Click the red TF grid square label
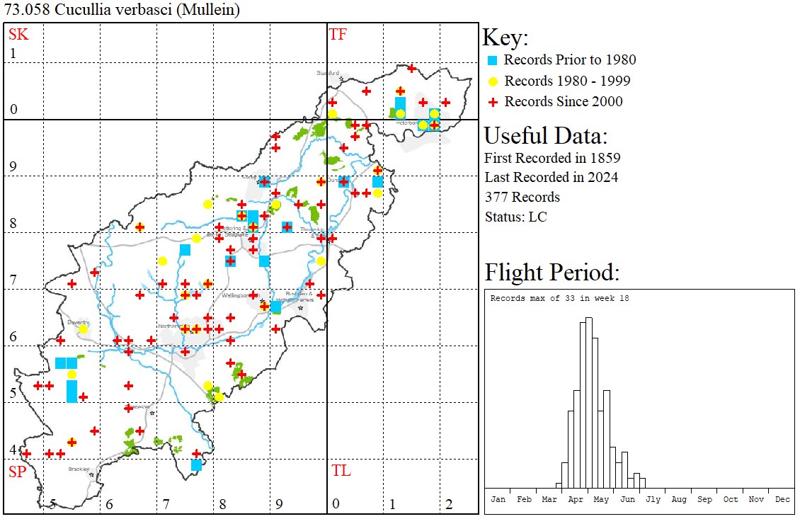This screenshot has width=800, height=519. point(338,34)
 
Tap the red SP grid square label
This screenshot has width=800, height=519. point(17,472)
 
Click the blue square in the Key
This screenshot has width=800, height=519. point(493,60)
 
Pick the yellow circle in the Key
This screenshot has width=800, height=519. point(493,81)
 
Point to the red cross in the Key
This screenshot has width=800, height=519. point(493,102)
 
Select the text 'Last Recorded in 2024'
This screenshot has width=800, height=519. point(551,177)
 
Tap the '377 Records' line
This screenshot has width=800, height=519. point(522,197)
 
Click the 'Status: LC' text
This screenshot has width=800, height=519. point(515,217)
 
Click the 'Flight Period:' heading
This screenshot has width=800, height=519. point(552,273)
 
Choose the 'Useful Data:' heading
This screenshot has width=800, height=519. point(545,135)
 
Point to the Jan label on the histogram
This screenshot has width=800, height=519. point(498,499)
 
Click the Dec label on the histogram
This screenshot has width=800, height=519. point(782,499)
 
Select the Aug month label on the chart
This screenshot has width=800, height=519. point(679,499)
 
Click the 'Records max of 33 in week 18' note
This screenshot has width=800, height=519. point(559,298)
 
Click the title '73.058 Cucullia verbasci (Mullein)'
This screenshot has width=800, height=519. point(122,10)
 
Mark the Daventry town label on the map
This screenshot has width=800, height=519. point(78,322)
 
